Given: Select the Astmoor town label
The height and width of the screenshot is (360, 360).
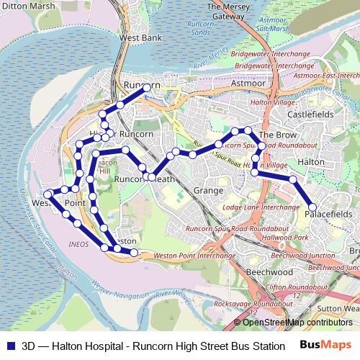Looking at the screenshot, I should tap(249, 84).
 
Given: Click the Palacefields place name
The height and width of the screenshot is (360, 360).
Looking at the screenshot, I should tap(328, 215).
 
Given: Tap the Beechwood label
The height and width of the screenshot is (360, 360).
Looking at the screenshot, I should tap(269, 273).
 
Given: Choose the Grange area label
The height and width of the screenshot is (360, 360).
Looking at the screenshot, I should tap(209, 191).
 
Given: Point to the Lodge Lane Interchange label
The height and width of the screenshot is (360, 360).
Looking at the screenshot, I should tap(261, 207).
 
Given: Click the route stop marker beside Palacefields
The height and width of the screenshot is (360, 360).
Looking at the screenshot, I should tap(312, 207).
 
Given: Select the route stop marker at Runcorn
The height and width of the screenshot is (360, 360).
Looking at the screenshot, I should tap(148, 87).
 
